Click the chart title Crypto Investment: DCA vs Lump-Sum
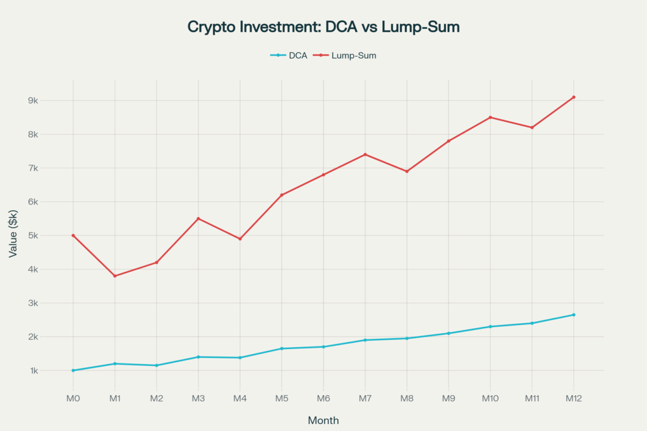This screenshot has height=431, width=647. coord(323,27)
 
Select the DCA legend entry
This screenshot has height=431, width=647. coord(289,56)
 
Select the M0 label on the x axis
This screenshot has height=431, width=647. coord(73,399)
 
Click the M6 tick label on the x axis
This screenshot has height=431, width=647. coord(323,399)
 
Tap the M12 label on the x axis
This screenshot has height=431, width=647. coord(574,399)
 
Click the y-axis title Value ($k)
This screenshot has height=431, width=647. coord(13,235)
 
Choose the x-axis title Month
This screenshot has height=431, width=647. coord(323,420)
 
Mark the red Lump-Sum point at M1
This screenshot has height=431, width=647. coord(115,276)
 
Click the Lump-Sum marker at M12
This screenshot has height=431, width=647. coord(574,97)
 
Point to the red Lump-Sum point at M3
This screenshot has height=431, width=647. coord(198,218)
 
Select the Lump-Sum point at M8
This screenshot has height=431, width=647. coord(407,172)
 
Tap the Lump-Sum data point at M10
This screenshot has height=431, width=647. coord(490,117)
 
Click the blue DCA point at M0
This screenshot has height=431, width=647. coord(73,370)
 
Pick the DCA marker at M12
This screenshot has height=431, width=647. coord(574,315)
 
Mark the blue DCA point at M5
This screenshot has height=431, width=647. coord(282,348)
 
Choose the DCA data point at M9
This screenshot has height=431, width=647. coord(449,333)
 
